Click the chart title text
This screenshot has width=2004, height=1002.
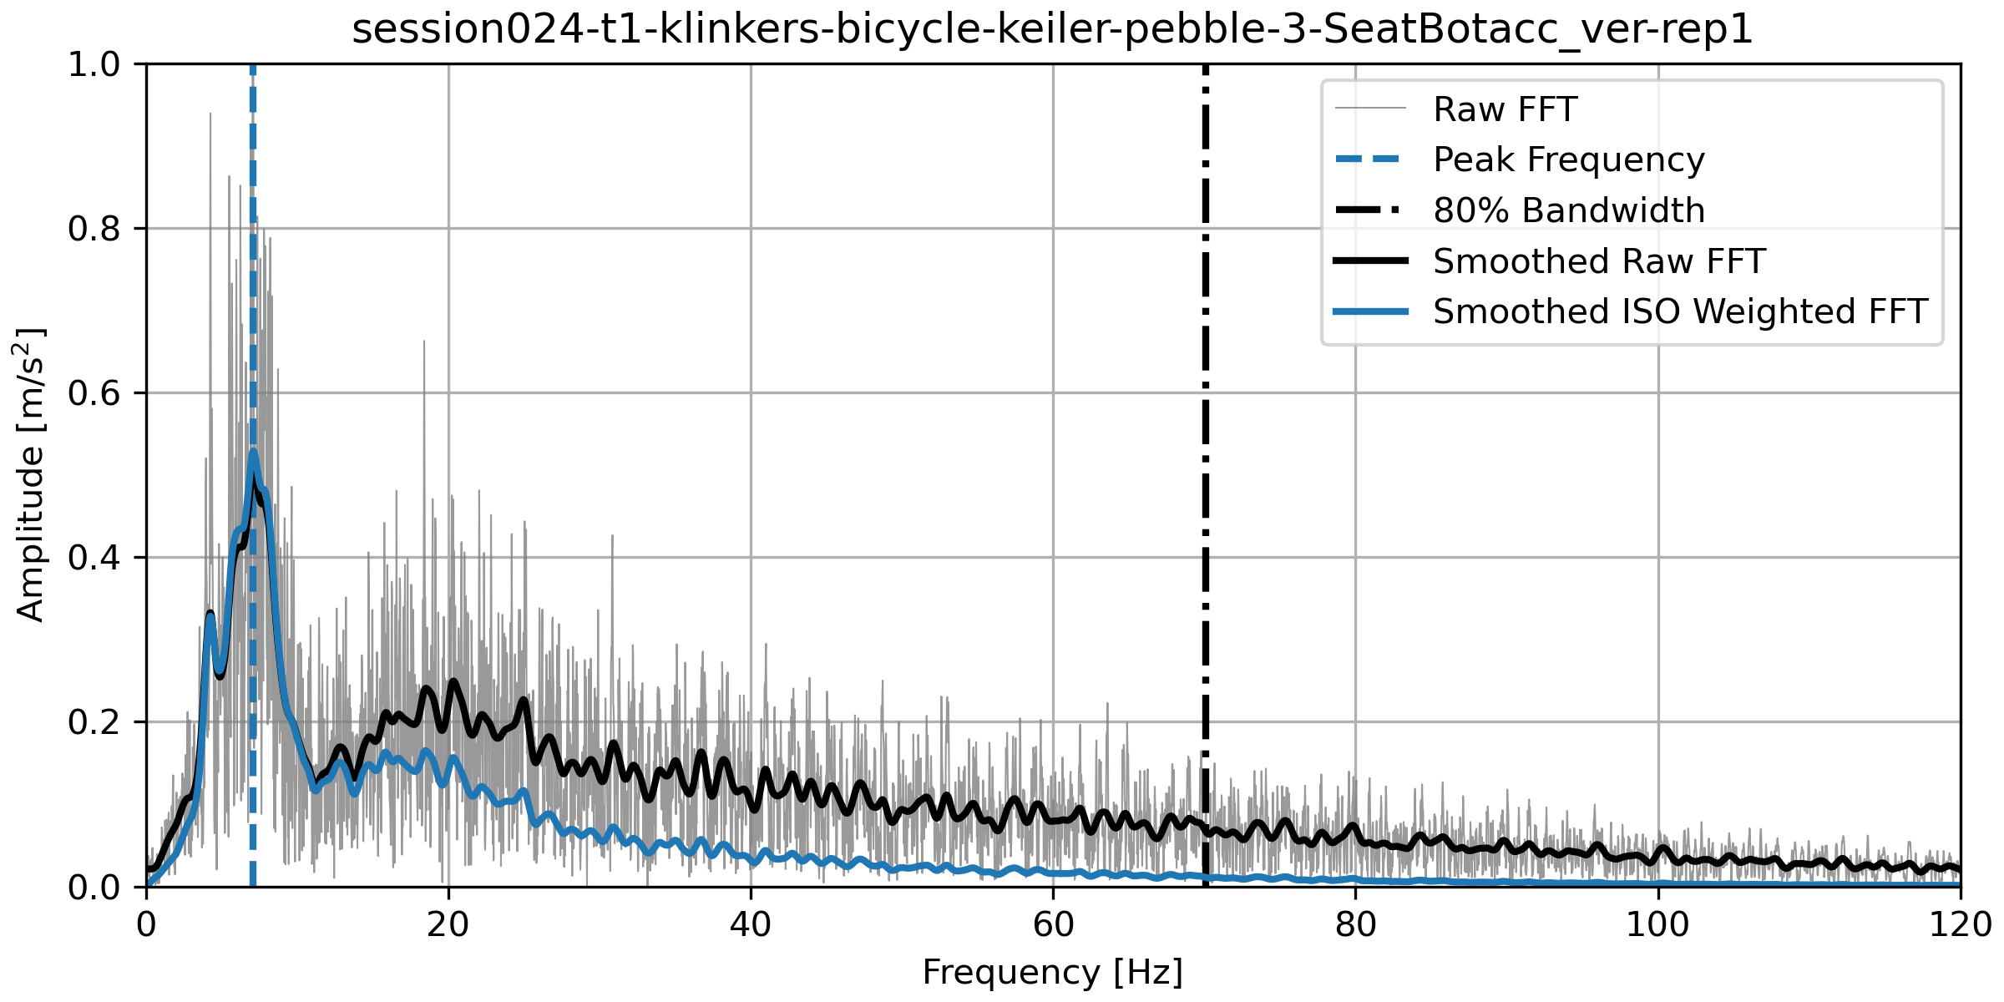[1052, 30]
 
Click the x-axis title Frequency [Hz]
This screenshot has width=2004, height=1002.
[1052, 973]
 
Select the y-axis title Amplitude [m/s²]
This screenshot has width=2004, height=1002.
[30, 474]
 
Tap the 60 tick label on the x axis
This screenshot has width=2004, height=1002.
[1053, 925]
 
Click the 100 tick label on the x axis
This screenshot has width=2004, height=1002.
[1657, 925]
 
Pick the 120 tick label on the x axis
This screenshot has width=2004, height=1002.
[1960, 925]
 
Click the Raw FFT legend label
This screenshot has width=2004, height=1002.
[1505, 109]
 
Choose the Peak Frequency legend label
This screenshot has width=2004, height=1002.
[1568, 159]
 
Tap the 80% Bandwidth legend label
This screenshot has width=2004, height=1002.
[1568, 210]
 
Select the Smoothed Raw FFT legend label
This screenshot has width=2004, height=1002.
[1598, 261]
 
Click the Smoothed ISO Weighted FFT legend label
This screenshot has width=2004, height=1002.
[1679, 311]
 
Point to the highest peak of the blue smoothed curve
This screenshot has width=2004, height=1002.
[253, 452]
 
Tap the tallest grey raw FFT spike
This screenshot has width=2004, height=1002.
[210, 114]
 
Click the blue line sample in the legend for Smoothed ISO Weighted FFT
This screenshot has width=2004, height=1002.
[1370, 311]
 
